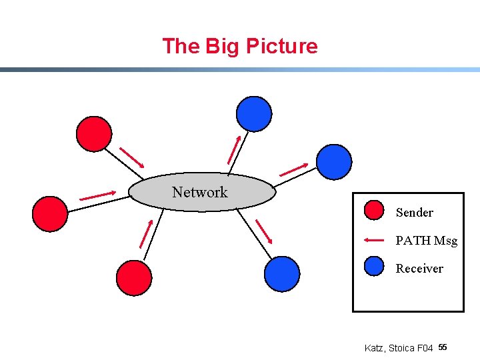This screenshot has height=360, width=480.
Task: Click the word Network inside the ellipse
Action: pyautogui.click(x=199, y=192)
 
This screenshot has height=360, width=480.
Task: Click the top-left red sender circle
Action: pyautogui.click(x=94, y=134)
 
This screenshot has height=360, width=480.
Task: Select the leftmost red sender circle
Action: pyautogui.click(x=50, y=213)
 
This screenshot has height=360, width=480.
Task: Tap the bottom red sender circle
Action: pyautogui.click(x=134, y=277)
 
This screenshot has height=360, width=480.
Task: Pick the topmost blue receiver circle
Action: pyautogui.click(x=254, y=113)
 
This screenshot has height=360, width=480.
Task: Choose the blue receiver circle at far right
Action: pyautogui.click(x=333, y=162)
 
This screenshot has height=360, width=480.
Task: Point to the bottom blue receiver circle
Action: pyautogui.click(x=282, y=274)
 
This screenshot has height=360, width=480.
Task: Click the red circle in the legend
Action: pyautogui.click(x=375, y=211)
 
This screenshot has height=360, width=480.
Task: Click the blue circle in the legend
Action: pyautogui.click(x=375, y=266)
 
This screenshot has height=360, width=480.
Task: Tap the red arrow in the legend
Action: pyautogui.click(x=375, y=240)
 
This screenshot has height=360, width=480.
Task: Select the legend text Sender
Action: pyautogui.click(x=414, y=213)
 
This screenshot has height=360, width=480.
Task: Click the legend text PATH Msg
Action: pyautogui.click(x=426, y=241)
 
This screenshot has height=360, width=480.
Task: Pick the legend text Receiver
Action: pyautogui.click(x=419, y=269)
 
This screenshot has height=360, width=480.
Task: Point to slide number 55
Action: pyautogui.click(x=443, y=347)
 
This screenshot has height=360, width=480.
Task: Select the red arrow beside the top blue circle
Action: pyautogui.click(x=234, y=150)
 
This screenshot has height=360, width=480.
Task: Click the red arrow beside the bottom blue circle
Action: pyautogui.click(x=265, y=231)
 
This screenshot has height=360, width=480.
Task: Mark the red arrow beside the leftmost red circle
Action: pyautogui.click(x=97, y=196)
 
